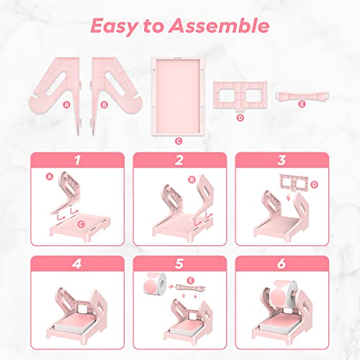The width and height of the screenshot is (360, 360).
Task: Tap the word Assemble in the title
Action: (x=222, y=27)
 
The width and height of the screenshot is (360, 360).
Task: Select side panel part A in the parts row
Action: (x=58, y=84)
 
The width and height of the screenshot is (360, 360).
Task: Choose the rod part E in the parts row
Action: (x=300, y=95)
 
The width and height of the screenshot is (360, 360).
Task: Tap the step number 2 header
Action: (x=180, y=159)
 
